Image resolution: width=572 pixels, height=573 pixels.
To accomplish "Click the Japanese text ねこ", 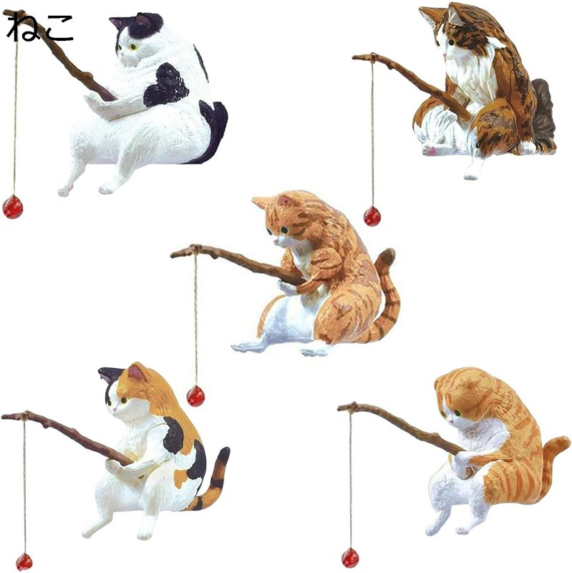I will [x=40, y=27].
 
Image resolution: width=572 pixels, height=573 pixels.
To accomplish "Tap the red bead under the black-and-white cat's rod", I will [x=12, y=207].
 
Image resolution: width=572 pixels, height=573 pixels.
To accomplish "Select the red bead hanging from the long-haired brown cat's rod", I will [x=372, y=216].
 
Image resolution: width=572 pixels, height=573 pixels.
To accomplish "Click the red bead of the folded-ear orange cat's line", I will [x=350, y=557].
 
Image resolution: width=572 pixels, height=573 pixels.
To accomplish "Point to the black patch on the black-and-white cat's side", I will [x=166, y=85].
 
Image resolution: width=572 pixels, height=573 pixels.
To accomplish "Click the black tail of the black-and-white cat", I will [x=213, y=129].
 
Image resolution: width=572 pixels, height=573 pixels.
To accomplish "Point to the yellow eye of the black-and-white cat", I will [x=132, y=47].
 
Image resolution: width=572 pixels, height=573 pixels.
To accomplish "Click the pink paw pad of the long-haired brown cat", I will [x=430, y=150].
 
